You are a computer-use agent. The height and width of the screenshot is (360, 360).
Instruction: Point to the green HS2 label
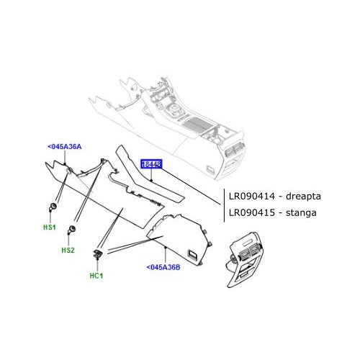click(68, 250)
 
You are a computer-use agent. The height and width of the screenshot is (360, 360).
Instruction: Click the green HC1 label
click(96, 274)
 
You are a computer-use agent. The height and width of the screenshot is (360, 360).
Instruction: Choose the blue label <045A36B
click(163, 267)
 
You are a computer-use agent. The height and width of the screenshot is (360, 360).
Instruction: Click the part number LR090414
click(253, 195)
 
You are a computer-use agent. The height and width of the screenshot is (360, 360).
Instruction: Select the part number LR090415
click(253, 212)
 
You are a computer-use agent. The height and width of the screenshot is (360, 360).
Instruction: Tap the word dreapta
click(306, 195)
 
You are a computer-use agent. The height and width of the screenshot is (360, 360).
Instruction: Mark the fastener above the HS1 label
click(53, 208)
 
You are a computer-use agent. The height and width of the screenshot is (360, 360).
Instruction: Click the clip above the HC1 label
click(96, 253)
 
